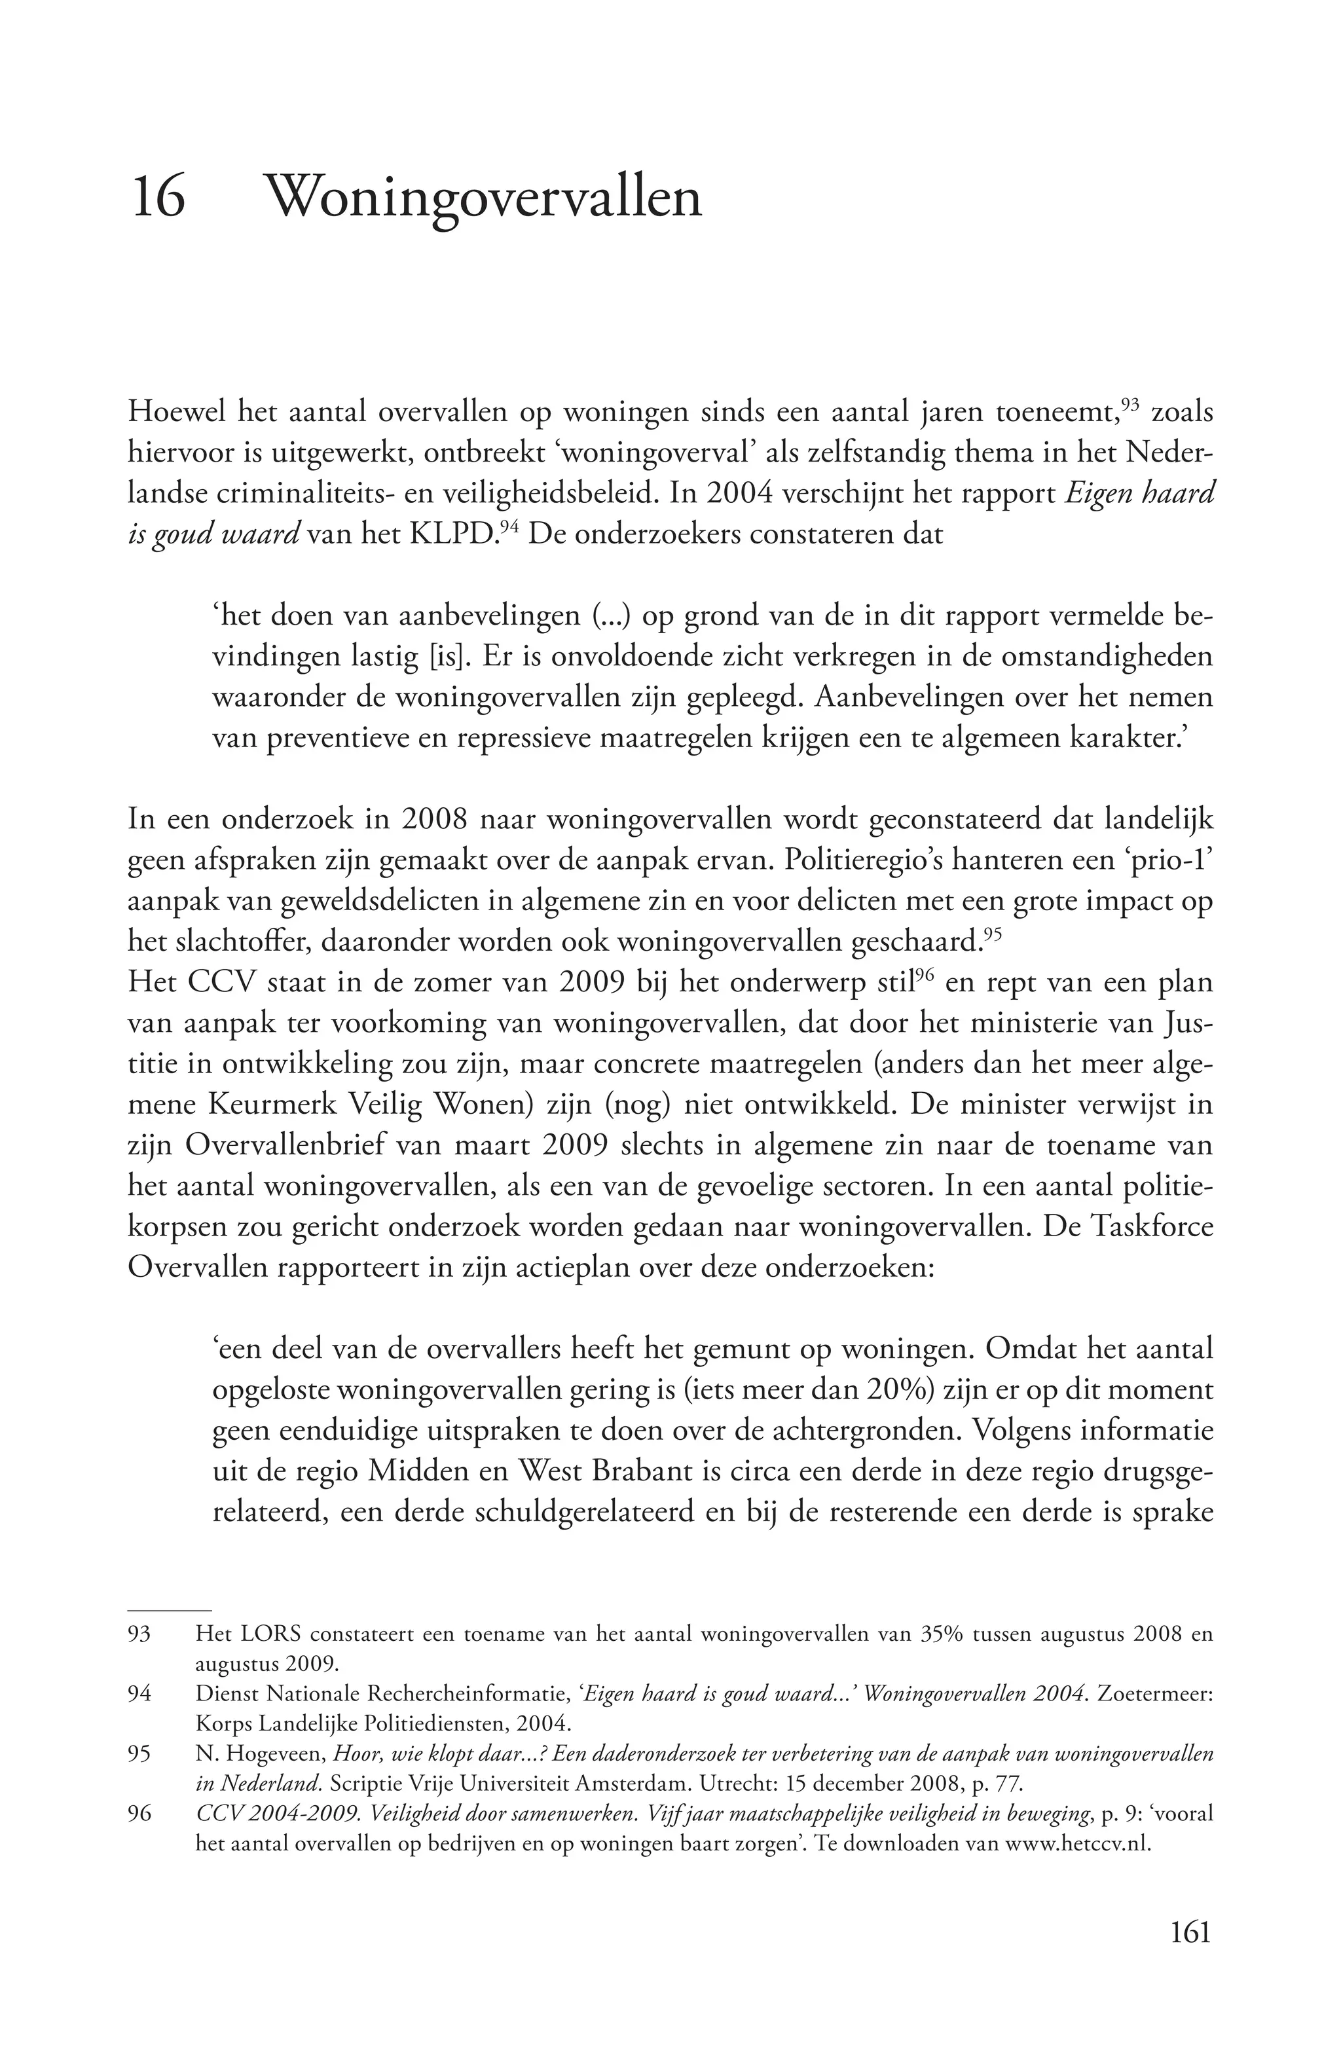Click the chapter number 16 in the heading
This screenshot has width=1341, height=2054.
[158, 198]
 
